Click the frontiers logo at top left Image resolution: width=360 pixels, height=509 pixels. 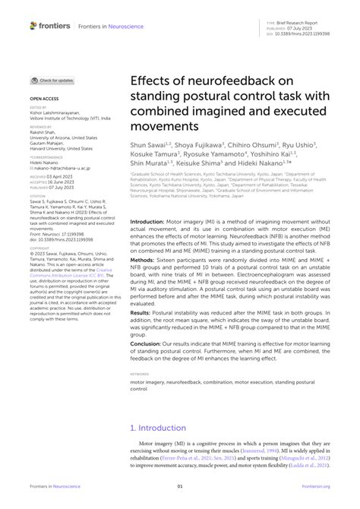click(x=50, y=25)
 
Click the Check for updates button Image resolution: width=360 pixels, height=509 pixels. click(x=52, y=81)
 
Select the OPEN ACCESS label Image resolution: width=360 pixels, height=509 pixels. click(x=44, y=100)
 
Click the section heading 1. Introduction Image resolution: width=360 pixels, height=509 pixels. click(x=161, y=427)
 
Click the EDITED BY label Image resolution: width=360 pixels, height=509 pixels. click(x=39, y=109)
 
